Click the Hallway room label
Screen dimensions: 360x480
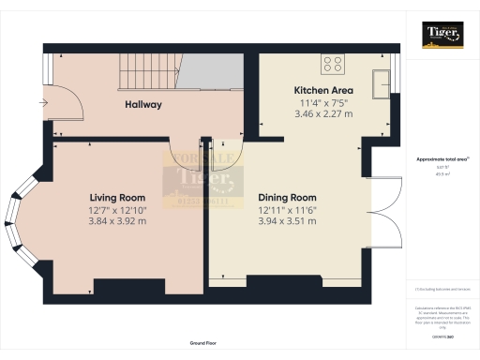click(144, 105)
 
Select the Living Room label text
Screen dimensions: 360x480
click(117, 197)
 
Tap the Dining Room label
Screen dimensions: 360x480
click(289, 199)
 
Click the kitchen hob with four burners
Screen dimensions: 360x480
click(333, 64)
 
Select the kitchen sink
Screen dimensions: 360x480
click(382, 82)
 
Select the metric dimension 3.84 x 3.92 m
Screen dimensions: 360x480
click(117, 222)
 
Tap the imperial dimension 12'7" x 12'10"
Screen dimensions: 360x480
click(117, 210)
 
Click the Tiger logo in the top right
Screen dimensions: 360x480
click(442, 35)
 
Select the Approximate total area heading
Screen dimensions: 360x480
click(442, 159)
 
